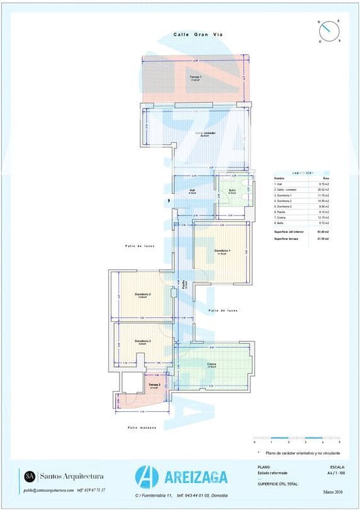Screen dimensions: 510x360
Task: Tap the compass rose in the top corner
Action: pyautogui.click(x=329, y=31)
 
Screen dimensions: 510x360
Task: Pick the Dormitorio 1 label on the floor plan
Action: pyautogui.click(x=222, y=251)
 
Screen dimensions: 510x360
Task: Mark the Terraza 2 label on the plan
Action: pyautogui.click(x=154, y=385)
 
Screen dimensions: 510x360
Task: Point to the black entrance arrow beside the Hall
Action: pyautogui.click(x=168, y=201)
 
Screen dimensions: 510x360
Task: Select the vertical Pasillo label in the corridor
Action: pyautogui.click(x=184, y=284)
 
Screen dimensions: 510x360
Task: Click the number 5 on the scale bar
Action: pyautogui.click(x=339, y=443)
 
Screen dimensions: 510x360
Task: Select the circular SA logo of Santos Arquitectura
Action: pyautogui.click(x=30, y=476)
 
